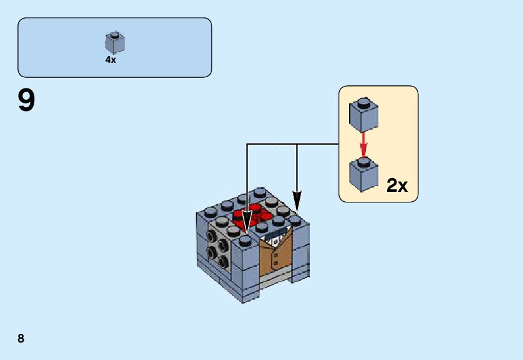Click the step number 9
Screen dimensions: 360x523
(x=27, y=101)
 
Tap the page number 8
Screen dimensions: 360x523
(x=21, y=339)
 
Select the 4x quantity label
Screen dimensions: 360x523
(x=110, y=60)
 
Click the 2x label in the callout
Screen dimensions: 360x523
(x=396, y=185)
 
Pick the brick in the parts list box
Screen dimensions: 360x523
(x=115, y=43)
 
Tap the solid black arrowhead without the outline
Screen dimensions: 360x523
(x=297, y=201)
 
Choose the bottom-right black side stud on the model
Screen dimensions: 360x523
(x=223, y=260)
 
